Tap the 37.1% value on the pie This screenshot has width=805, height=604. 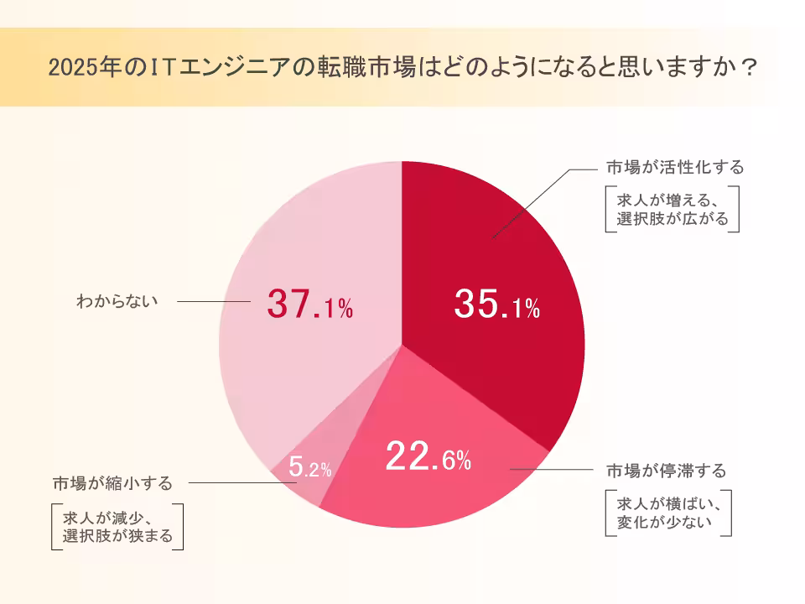309,304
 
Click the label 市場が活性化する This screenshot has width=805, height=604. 675,167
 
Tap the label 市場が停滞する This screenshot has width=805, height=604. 666,469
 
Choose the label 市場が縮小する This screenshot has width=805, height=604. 112,483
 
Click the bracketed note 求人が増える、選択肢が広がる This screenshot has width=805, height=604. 673,210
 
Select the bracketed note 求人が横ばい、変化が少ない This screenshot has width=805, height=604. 669,513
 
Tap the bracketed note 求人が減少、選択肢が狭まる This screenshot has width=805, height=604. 117,527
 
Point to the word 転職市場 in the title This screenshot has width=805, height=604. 377,67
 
